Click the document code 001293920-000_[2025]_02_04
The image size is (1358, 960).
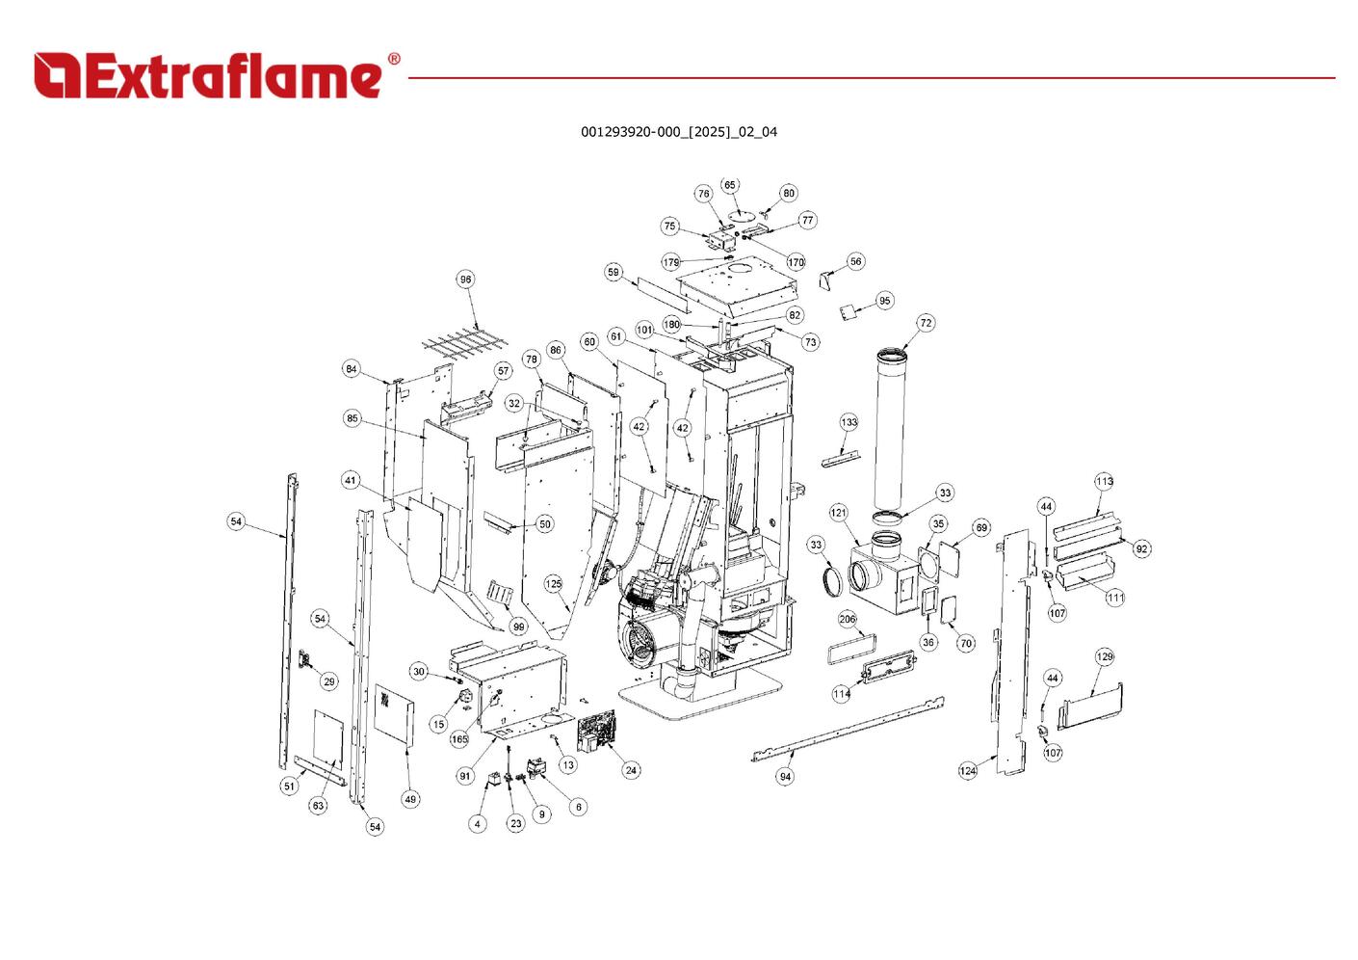click(x=678, y=132)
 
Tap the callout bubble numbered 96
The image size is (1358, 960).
click(x=466, y=280)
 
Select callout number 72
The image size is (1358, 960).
click(x=926, y=323)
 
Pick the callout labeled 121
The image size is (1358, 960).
click(x=838, y=512)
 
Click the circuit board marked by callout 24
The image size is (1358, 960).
click(x=599, y=733)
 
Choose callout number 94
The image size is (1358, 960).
click(x=786, y=776)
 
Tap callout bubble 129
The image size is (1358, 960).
click(x=1105, y=656)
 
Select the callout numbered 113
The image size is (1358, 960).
click(x=1104, y=481)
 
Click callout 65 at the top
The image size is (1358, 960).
click(x=730, y=185)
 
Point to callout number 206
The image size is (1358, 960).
click(x=848, y=619)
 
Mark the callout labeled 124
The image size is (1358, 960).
click(x=968, y=770)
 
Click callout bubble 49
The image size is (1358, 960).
click(x=411, y=799)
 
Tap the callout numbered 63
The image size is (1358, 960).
click(x=318, y=805)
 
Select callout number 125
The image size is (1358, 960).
click(x=554, y=584)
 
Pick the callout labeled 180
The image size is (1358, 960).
click(x=671, y=325)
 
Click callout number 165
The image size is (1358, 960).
click(x=459, y=739)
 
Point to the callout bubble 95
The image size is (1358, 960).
click(x=885, y=301)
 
